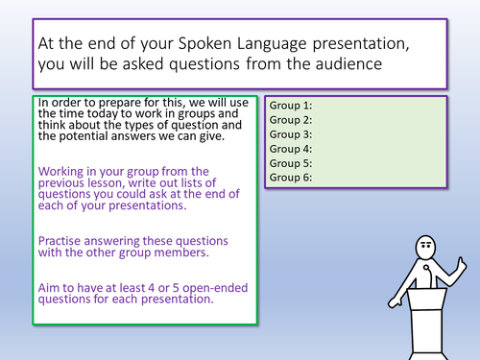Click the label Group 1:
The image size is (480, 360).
click(292, 106)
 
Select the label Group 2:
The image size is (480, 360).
click(292, 120)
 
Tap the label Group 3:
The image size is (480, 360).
click(292, 134)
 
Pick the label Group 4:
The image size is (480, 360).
click(292, 149)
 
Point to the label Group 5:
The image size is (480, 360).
click(292, 163)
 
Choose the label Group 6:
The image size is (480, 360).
click(292, 178)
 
